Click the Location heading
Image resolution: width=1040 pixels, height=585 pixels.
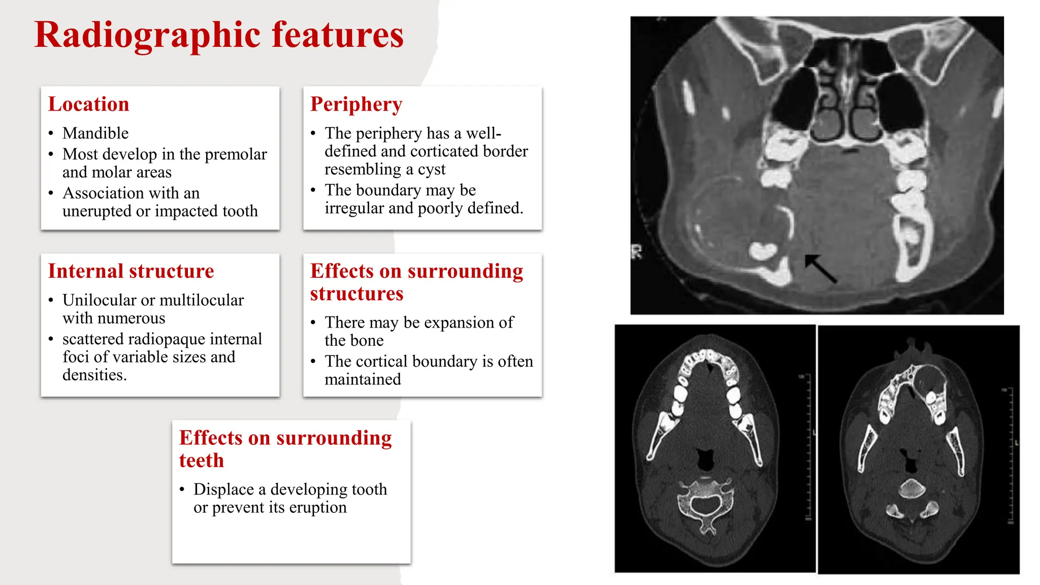(89, 104)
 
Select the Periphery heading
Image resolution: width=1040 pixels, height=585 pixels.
(356, 104)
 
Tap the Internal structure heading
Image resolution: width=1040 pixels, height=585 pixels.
(131, 271)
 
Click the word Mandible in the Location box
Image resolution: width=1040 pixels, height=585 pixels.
(95, 133)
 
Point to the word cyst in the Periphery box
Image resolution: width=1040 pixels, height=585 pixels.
(431, 169)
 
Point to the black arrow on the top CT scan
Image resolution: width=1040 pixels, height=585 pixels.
(820, 268)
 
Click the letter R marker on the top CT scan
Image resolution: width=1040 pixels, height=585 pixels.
(637, 251)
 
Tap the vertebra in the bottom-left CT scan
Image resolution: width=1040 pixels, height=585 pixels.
(705, 502)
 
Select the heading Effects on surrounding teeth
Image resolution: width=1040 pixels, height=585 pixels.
(285, 449)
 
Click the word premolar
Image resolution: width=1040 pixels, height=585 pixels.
(236, 154)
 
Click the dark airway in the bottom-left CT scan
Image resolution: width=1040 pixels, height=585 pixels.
(705, 459)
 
